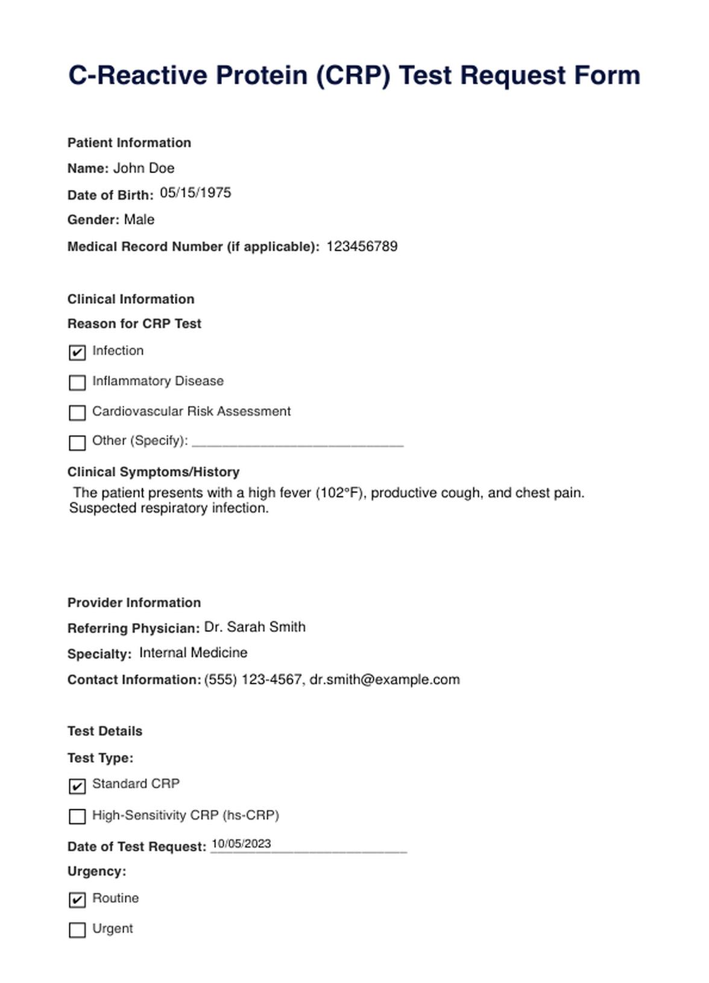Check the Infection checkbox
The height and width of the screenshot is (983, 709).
click(x=77, y=352)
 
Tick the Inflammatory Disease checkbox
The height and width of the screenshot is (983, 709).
click(x=77, y=382)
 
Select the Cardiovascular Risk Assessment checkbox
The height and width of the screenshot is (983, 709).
click(x=77, y=412)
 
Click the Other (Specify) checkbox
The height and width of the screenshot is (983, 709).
click(x=77, y=443)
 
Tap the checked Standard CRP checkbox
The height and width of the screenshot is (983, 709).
click(x=77, y=786)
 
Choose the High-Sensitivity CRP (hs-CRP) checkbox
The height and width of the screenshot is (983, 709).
click(x=77, y=816)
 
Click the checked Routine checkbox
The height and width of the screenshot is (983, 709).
click(x=77, y=900)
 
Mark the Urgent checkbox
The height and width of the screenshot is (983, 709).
click(x=77, y=930)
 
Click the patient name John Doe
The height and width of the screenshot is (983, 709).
click(x=143, y=168)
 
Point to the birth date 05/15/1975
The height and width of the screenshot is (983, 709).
click(x=195, y=193)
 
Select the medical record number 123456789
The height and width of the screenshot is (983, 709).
click(x=362, y=246)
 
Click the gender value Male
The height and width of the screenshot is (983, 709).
click(x=139, y=220)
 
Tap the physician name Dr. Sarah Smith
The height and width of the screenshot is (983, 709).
click(x=254, y=627)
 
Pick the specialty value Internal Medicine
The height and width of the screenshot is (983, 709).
click(x=193, y=653)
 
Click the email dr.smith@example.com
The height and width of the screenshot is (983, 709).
click(x=385, y=680)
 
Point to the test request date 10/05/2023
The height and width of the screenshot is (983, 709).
click(x=241, y=844)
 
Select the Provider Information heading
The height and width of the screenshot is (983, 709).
click(x=134, y=602)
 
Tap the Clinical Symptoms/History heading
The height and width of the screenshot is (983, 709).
click(x=153, y=472)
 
